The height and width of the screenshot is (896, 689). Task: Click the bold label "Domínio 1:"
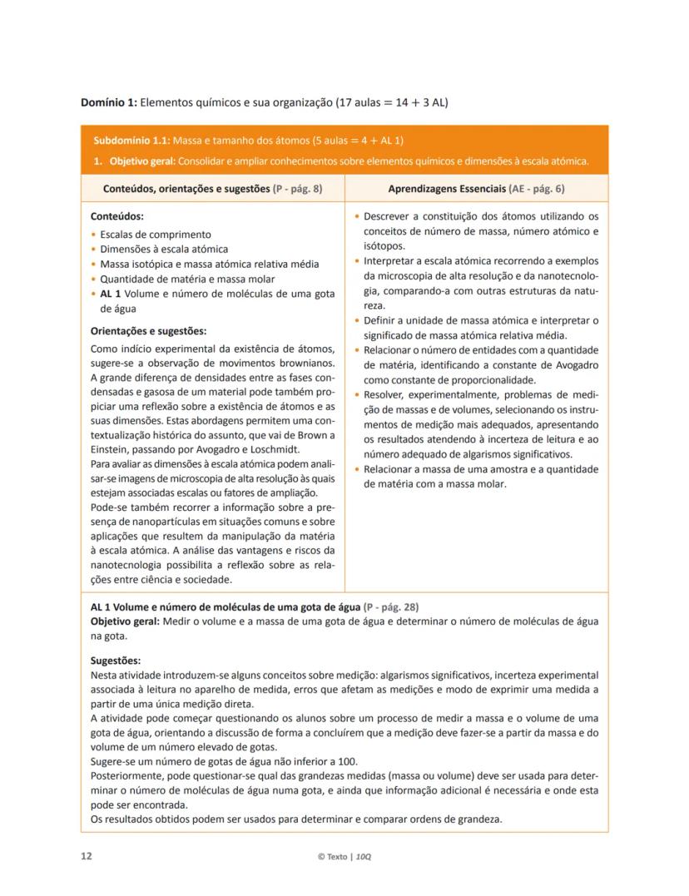tap(108, 103)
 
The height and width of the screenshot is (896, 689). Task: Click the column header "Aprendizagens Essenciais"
tap(444, 189)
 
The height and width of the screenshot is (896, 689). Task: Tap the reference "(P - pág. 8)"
tap(297, 189)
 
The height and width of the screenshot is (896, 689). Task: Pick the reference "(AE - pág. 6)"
tap(537, 189)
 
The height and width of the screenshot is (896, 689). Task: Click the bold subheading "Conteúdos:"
tap(116, 215)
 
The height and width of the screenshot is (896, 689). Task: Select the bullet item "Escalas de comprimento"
tap(156, 235)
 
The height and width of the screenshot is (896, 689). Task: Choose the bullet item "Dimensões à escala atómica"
tap(164, 249)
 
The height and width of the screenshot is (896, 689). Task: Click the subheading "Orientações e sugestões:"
tap(148, 330)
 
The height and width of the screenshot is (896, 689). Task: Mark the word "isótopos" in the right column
tap(384, 246)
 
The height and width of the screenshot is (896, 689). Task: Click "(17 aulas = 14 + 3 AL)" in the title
tap(391, 103)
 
